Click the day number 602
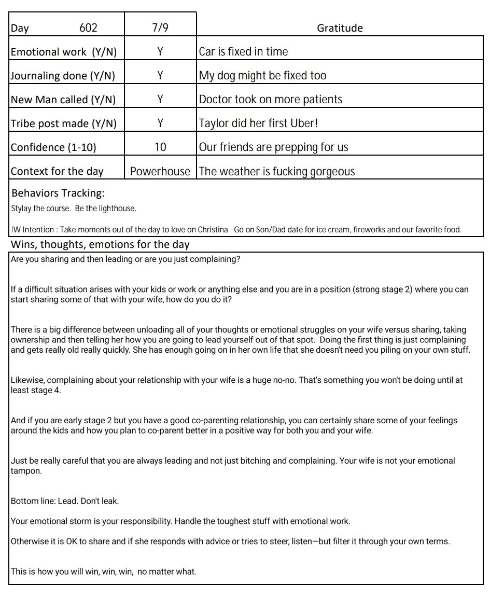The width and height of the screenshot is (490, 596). coord(88,28)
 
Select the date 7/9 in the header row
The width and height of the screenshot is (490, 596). coord(160,28)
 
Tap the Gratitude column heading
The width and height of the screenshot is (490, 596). coord(340,28)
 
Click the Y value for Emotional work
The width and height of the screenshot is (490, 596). coord(160,52)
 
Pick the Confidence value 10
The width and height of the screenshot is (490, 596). coord(160,147)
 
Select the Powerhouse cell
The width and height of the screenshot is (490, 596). coord(160,171)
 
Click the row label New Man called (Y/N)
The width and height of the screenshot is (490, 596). coord(63,100)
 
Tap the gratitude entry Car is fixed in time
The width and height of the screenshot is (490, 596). coord(243,52)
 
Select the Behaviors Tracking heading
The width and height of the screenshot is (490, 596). coord(58,193)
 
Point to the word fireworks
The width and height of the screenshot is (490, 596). coord(371,229)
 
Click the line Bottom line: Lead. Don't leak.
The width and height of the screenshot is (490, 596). coord(65,501)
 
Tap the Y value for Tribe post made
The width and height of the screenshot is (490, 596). coord(160,123)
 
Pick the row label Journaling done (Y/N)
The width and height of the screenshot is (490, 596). coord(63,76)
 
